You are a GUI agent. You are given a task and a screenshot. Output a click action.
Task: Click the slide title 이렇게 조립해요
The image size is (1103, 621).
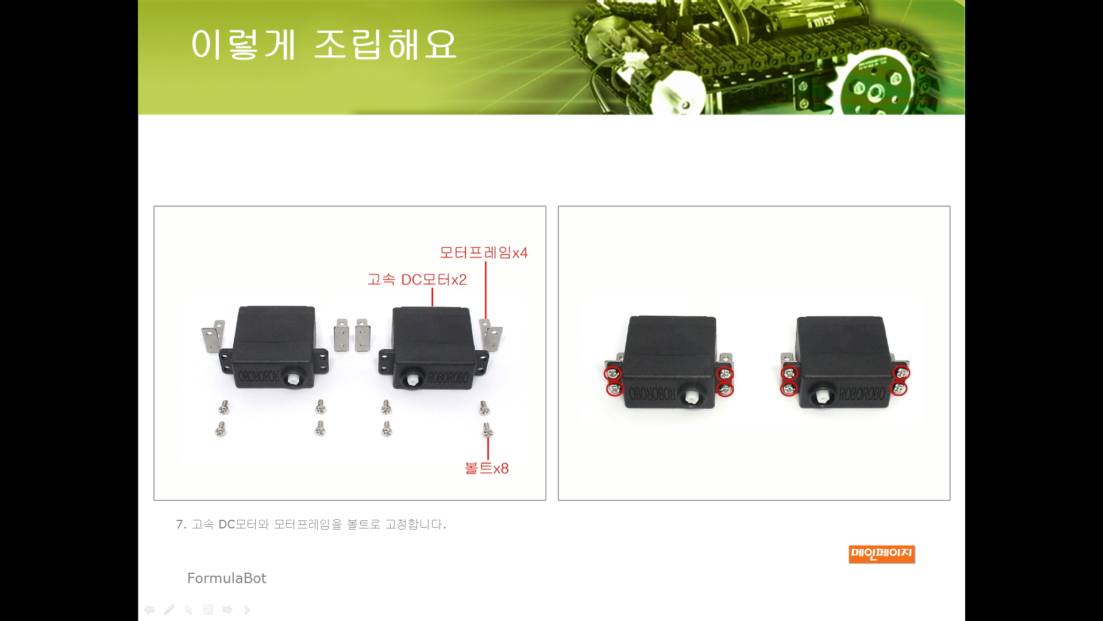(x=323, y=44)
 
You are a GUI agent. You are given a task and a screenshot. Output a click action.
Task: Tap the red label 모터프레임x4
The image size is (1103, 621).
(x=484, y=252)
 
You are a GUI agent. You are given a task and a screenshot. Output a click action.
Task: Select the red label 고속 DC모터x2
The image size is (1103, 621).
(x=417, y=279)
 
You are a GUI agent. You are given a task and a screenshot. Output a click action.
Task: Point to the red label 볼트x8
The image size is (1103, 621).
(x=487, y=468)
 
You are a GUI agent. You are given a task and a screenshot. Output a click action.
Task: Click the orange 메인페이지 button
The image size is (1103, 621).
(x=882, y=554)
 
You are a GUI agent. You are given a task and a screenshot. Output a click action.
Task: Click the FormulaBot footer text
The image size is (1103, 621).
(x=227, y=578)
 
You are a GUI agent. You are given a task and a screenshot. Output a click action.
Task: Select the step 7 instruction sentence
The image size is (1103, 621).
(x=311, y=524)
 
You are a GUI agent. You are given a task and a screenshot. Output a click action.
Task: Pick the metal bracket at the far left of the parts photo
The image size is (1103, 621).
(x=212, y=336)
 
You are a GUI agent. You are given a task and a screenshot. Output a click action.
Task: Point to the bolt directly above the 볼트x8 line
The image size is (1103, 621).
(x=487, y=430)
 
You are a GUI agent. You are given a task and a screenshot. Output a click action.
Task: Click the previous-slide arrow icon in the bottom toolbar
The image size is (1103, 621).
(x=149, y=609)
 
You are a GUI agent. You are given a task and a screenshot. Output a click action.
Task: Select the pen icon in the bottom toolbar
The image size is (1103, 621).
(x=169, y=609)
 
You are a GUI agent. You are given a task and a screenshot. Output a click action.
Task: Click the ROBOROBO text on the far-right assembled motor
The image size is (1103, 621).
(x=862, y=394)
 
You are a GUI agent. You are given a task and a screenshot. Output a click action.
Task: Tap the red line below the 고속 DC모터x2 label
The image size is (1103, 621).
(x=433, y=297)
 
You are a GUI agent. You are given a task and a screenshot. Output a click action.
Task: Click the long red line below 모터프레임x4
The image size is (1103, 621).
(x=486, y=290)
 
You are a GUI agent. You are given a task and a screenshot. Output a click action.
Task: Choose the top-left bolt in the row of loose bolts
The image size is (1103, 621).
(x=224, y=408)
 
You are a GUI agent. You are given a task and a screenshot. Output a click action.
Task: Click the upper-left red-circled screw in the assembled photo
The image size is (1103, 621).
(x=613, y=374)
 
